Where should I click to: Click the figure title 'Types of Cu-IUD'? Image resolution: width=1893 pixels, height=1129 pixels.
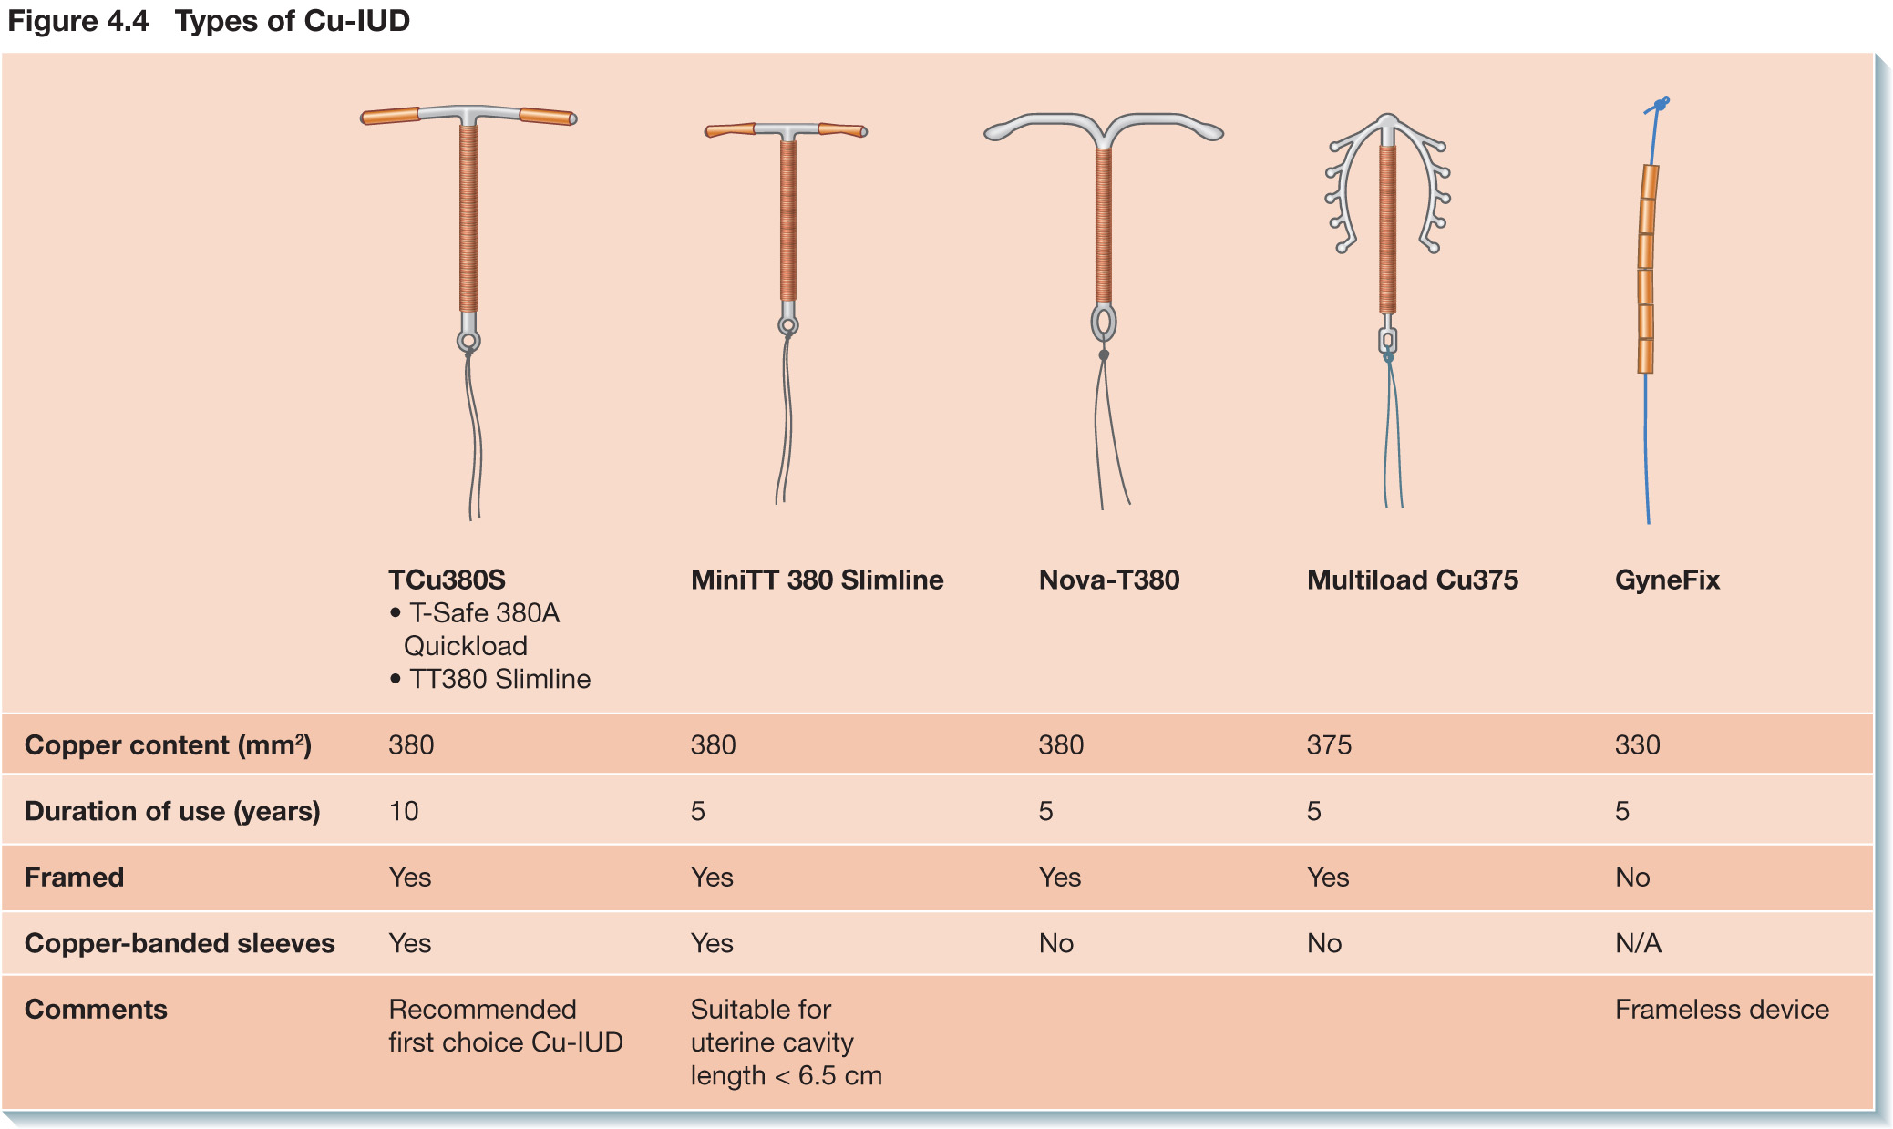(293, 20)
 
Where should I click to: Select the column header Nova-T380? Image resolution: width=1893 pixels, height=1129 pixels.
(1109, 580)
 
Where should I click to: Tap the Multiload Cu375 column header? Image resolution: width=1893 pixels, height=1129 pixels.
(1412, 580)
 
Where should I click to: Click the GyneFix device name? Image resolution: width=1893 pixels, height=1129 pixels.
(1667, 580)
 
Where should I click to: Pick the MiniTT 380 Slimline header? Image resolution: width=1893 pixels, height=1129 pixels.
(817, 580)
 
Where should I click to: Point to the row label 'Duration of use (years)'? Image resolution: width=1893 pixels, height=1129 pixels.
(172, 811)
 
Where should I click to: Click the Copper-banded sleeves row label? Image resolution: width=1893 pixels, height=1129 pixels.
(180, 943)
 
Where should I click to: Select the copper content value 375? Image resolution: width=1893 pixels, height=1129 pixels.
(1329, 745)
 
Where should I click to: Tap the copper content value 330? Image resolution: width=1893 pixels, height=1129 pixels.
(1637, 745)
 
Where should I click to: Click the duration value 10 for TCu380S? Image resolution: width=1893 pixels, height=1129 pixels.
(404, 811)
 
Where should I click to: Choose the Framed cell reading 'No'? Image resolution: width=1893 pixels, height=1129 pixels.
(1632, 878)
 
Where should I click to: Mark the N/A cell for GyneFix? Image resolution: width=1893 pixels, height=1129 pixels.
(1638, 943)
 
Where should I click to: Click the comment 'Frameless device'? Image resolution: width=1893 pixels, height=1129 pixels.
(1722, 1010)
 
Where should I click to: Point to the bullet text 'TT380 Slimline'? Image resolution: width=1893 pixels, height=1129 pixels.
(499, 679)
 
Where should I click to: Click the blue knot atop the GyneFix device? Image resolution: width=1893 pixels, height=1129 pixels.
(1660, 105)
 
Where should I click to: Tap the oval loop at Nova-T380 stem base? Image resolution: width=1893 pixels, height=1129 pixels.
(1104, 323)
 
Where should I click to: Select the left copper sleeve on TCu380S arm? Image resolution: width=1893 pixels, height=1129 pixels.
(390, 116)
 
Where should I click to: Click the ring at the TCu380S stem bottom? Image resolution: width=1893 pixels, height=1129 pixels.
(468, 341)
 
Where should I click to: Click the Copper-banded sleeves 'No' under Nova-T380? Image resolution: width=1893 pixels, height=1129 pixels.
(1055, 943)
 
